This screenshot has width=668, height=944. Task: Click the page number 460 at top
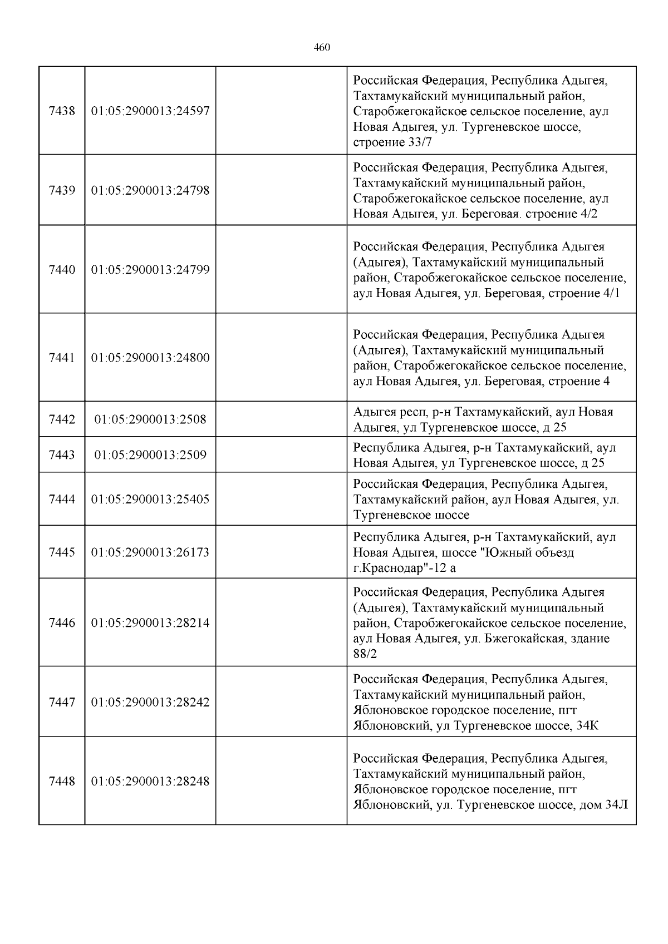322,48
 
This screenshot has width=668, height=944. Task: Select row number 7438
62,111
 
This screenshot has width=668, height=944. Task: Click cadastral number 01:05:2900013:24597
150,111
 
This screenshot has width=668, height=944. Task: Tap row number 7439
62,190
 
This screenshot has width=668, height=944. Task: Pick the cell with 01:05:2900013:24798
150,190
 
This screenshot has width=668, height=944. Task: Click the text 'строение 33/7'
392,142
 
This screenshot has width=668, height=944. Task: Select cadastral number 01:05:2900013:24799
150,270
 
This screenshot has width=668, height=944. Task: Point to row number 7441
62,358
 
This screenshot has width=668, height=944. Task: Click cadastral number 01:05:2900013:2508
150,419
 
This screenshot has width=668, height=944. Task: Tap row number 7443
62,455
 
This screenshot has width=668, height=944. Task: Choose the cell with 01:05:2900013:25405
150,499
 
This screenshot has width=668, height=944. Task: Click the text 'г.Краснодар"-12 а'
405,569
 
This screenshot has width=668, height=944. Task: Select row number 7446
62,622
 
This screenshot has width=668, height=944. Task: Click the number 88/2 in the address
365,654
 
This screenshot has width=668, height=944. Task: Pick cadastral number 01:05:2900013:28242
150,702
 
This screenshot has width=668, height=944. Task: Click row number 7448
62,781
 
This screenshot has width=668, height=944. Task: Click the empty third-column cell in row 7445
281,552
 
